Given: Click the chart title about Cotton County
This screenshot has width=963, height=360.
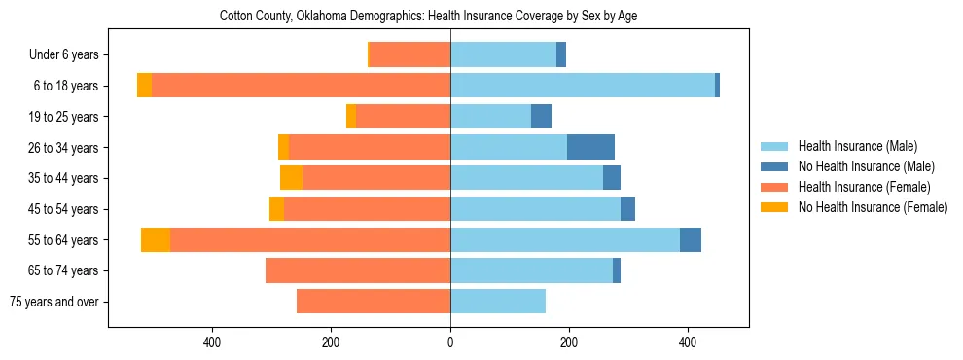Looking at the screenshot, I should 428,17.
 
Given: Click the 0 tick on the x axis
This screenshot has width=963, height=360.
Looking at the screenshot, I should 450,343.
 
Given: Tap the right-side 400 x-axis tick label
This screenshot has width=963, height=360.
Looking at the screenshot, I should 688,343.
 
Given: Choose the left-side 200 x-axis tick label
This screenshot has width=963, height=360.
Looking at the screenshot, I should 331,343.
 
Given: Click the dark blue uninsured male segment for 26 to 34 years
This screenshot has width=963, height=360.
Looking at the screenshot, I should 590,147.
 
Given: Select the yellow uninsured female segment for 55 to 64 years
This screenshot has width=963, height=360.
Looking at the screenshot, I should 156,239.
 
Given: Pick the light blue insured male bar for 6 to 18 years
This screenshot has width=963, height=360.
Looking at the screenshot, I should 582,86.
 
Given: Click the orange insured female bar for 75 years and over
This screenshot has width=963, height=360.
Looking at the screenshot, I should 374,302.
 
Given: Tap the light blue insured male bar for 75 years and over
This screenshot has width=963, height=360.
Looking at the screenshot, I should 498,302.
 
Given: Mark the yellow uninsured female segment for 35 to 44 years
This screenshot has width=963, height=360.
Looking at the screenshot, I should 291,178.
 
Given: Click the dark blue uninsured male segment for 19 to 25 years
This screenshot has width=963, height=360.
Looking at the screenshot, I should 541,117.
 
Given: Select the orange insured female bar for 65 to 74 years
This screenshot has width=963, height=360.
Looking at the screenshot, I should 358,270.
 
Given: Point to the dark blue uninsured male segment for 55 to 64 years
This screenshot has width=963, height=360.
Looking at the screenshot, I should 691,239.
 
